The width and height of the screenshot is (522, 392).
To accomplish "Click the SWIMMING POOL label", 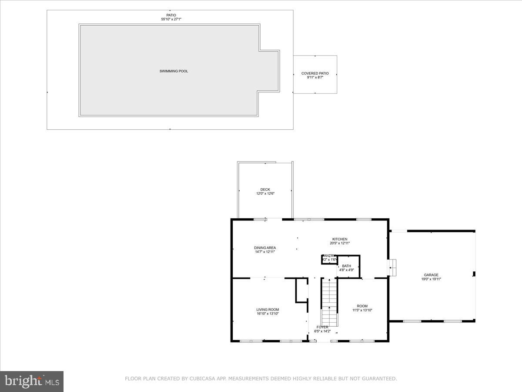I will point(174,71).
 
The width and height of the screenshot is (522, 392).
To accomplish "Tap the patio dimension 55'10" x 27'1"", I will point(170,19).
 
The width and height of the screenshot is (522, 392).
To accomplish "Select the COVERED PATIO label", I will point(315,73).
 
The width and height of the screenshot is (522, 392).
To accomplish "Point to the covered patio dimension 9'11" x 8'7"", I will point(315,78).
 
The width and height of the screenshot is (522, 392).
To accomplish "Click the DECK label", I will point(265,189).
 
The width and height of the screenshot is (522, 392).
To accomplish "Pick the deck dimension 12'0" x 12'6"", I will point(265,194).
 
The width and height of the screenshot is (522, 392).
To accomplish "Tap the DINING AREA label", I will point(265,248).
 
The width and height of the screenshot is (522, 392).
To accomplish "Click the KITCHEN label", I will point(340,239).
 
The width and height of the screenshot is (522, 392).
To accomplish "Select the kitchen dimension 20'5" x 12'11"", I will point(340,243).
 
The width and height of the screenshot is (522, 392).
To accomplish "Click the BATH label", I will point(346,266).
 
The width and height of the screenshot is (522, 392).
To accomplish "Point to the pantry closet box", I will point(329,259).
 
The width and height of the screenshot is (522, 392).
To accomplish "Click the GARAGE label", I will point(431,275).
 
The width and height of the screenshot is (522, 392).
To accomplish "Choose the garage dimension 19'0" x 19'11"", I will point(431,279).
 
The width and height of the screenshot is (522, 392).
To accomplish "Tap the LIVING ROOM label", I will point(268,309).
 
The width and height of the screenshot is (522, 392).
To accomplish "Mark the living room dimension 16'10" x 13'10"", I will point(268,314).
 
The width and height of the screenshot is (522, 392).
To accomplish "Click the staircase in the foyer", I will point(329,301).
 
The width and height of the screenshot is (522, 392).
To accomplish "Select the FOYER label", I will point(322,327).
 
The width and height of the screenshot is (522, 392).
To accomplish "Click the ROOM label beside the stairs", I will point(362,306).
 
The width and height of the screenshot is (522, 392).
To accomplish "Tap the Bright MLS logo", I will point(32,382).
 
